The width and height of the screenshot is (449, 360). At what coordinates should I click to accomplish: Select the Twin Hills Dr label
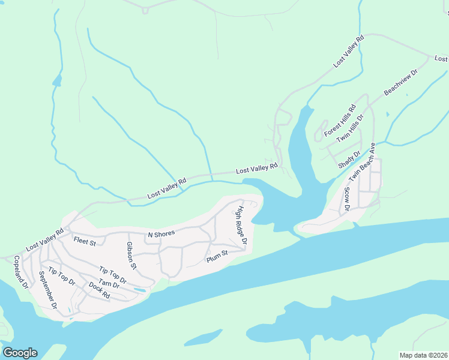click(351, 128)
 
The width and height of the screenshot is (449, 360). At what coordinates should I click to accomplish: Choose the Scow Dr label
click(346, 200)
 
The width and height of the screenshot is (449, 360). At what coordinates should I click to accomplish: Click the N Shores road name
click(161, 234)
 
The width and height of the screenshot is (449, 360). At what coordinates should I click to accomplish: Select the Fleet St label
click(85, 242)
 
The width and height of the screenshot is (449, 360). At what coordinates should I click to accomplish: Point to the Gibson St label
click(131, 256)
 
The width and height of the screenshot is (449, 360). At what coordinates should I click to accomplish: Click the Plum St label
click(217, 256)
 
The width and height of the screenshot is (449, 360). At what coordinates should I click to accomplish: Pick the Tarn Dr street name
click(109, 285)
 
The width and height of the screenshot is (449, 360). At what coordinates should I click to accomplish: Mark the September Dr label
click(47, 290)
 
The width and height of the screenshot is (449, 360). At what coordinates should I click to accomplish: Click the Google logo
click(20, 353)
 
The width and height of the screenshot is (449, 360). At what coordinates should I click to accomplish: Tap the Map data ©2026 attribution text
click(423, 355)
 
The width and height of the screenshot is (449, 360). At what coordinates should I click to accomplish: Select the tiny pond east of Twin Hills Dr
click(388, 114)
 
